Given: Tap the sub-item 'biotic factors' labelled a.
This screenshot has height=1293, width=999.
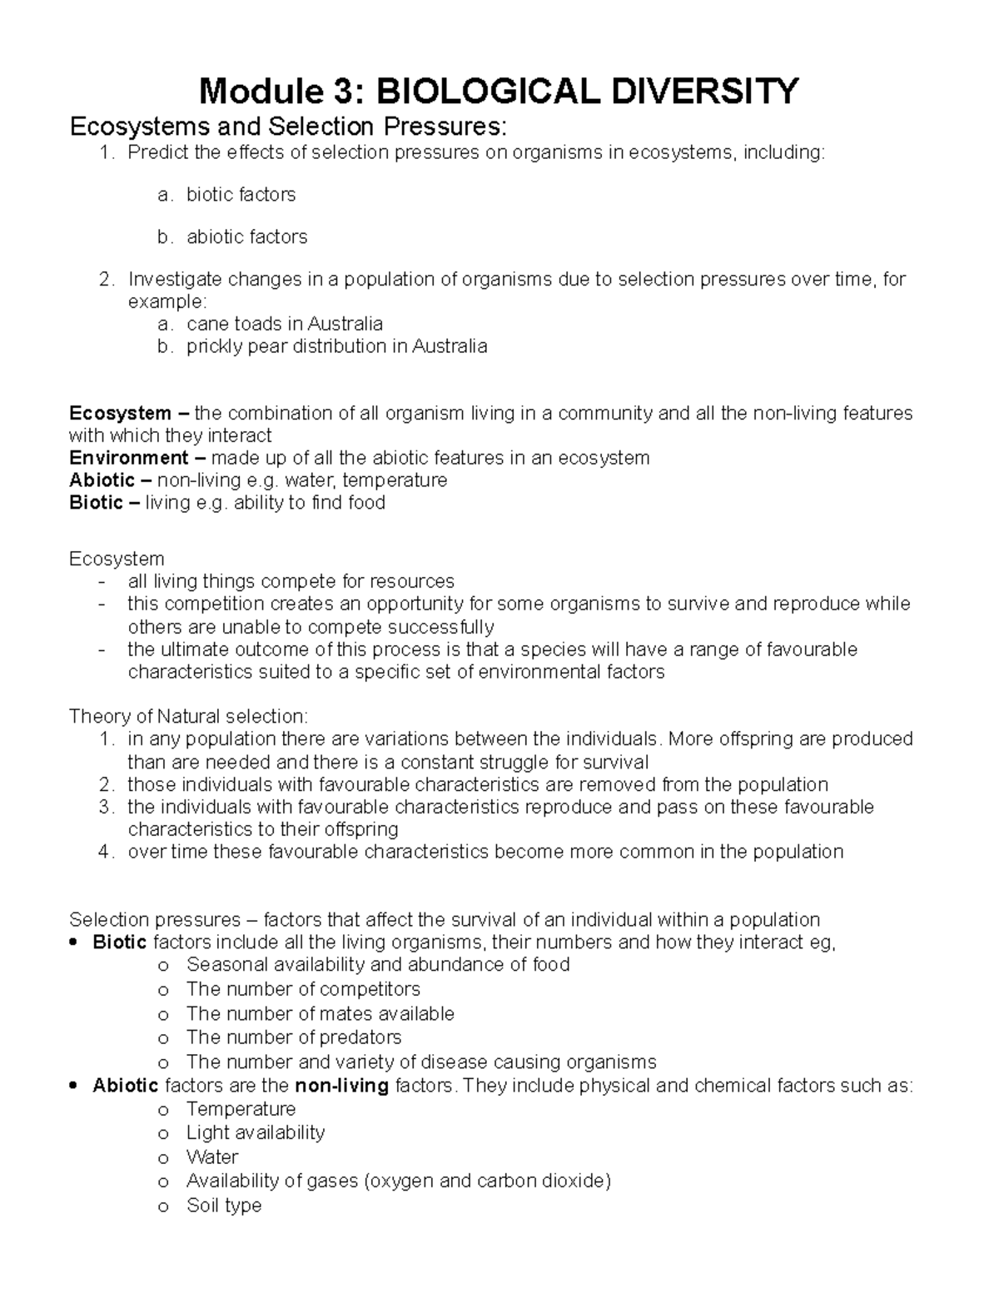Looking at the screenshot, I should point(241,195).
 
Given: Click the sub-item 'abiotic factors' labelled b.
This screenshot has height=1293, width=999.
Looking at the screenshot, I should point(246,237).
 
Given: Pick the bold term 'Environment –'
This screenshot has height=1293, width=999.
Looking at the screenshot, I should point(137,458).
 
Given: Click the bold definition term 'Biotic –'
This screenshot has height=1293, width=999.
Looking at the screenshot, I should point(105,503).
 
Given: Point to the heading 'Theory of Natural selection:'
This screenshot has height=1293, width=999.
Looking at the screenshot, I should point(188,716).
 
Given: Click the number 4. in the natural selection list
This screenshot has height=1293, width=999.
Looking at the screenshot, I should point(105,852).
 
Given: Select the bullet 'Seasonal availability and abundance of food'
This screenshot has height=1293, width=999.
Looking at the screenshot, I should point(378,965).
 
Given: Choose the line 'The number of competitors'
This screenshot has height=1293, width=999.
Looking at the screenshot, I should point(303,989).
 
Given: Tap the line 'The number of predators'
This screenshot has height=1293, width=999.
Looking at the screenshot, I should point(294,1037).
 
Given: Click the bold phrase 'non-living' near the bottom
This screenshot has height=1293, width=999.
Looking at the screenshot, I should point(341,1086).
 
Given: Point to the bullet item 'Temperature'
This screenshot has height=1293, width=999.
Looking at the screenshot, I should point(241,1109).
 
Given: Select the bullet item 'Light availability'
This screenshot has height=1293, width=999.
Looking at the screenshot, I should point(256,1133).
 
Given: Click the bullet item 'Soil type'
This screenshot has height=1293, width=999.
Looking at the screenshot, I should point(224,1206).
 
